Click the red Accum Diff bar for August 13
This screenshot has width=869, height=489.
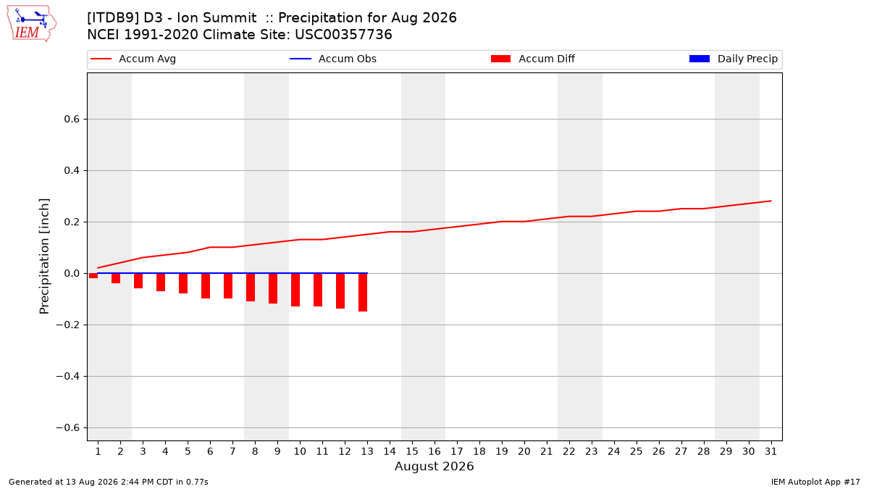[363, 293]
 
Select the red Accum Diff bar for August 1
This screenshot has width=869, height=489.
[93, 276]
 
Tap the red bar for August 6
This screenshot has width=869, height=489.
[206, 286]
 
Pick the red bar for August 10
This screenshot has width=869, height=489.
[295, 290]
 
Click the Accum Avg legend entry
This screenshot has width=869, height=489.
[133, 59]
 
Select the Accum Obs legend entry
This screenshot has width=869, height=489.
[333, 59]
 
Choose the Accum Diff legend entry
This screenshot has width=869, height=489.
[533, 59]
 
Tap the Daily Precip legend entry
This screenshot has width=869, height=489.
[733, 59]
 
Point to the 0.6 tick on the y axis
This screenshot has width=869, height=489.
[72, 119]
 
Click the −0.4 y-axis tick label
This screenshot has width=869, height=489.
[68, 377]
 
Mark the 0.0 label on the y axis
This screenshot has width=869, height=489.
[72, 274]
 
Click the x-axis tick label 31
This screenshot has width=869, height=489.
[771, 452]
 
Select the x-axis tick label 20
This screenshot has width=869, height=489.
[524, 452]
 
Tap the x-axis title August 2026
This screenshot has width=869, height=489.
[434, 466]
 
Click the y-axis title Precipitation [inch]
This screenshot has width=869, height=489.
[44, 256]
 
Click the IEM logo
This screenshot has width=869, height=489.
[32, 24]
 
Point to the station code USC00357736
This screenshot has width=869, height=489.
[343, 35]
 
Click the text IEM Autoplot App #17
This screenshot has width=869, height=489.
[815, 482]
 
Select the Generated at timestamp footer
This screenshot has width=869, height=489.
[108, 482]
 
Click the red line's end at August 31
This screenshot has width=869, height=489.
[771, 201]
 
